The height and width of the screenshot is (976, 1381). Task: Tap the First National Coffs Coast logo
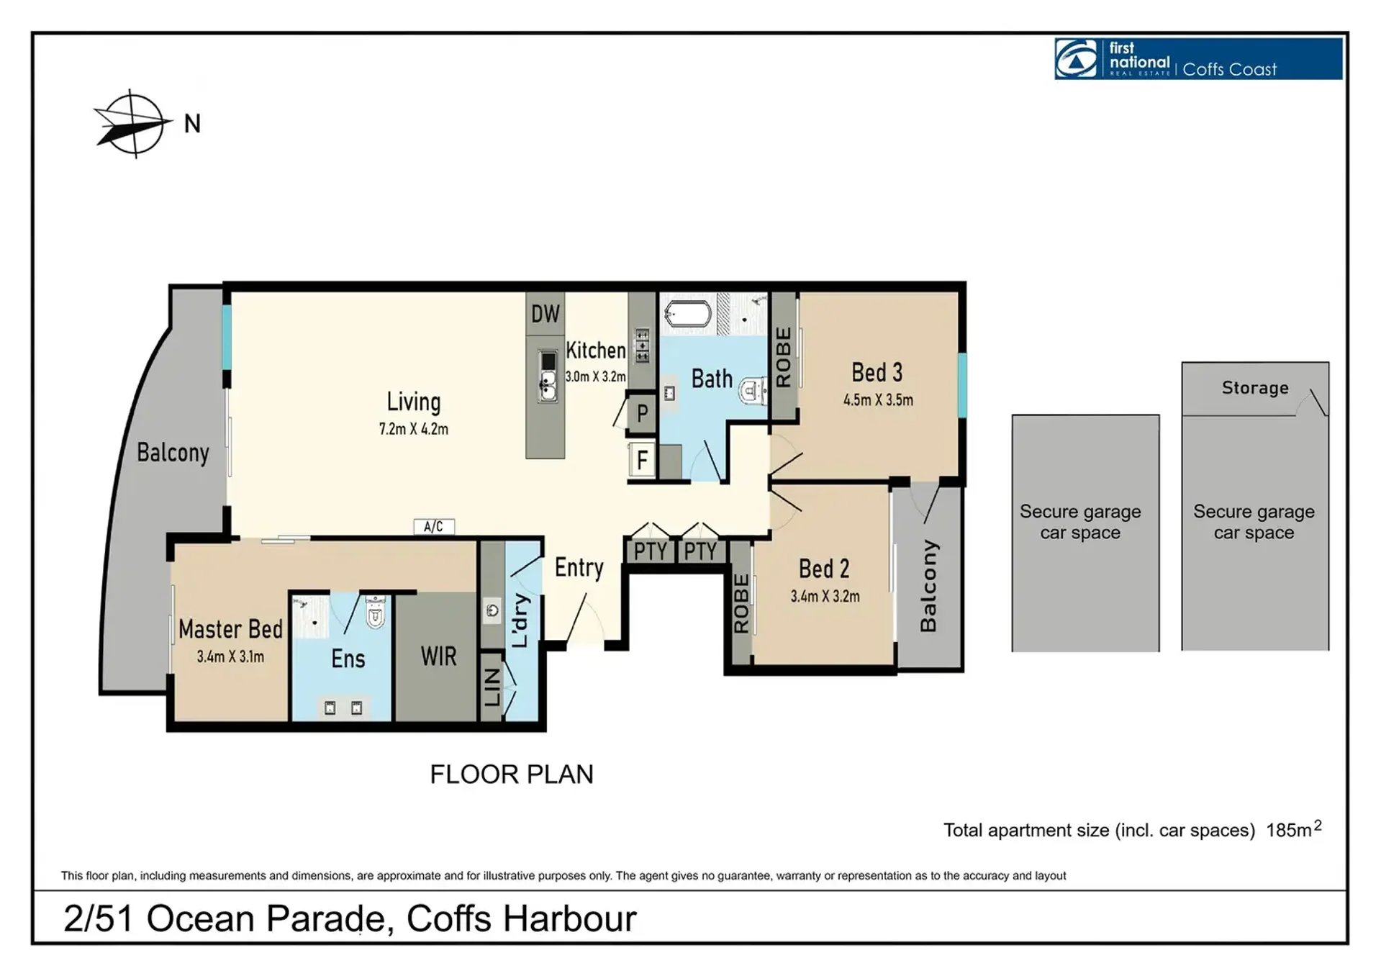1198,58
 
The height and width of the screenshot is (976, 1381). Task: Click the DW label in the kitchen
545,314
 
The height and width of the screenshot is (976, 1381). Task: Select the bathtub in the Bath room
688,315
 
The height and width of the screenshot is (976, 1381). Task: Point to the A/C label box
434,527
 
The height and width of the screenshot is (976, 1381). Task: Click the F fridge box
642,459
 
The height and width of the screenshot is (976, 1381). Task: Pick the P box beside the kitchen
642,413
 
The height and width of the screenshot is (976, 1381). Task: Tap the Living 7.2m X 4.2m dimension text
414,430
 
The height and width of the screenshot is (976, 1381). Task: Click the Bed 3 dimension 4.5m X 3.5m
878,400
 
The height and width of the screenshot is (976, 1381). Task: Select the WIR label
439,656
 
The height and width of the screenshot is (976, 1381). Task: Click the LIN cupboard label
492,687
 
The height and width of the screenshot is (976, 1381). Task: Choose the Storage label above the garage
1255,388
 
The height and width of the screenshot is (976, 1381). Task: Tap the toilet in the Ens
376,612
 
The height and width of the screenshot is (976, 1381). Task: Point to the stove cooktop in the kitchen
642,345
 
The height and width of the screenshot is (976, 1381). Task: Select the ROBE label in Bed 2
741,603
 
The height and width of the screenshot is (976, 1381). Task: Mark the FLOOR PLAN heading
512,774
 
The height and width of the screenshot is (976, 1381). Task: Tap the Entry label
579,568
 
